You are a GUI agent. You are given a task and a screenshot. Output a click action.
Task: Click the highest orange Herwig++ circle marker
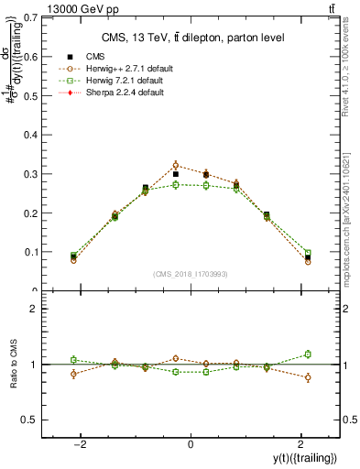pos(177,165)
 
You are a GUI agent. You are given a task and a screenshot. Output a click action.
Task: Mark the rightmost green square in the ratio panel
pos(308,354)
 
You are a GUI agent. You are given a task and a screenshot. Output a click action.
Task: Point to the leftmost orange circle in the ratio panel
pos(73,374)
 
